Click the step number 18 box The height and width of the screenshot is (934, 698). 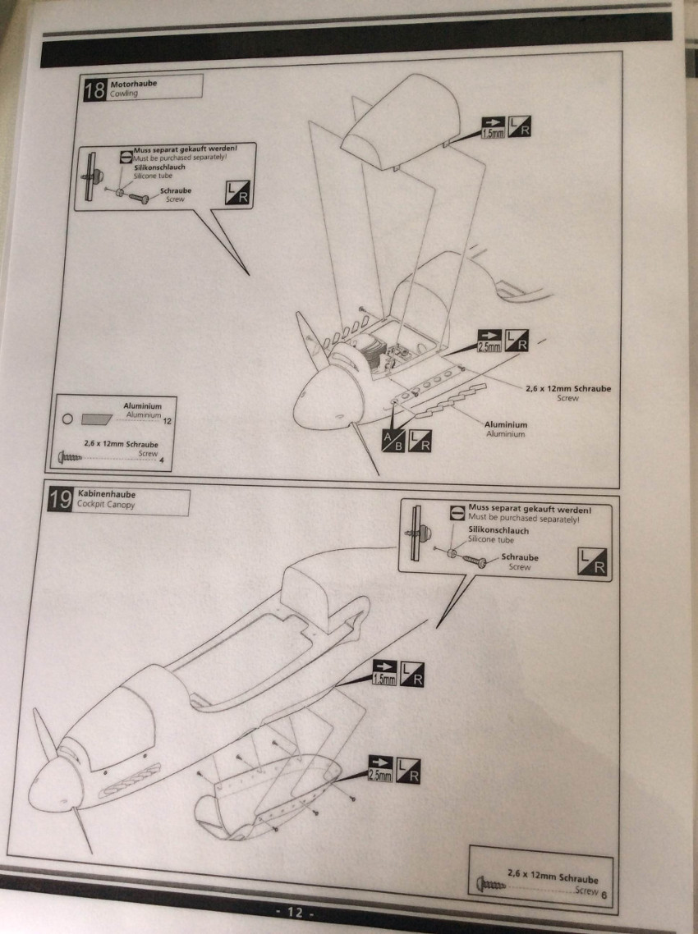point(94,89)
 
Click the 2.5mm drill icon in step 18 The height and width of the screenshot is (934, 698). point(489,341)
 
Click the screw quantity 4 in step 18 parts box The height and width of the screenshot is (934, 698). point(161,460)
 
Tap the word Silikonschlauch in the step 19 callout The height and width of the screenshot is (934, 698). point(498,530)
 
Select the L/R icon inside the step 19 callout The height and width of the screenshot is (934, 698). point(595,561)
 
